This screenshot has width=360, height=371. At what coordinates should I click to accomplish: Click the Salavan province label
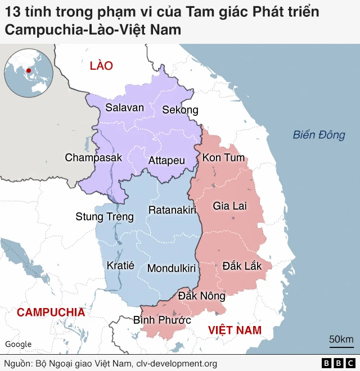(125, 107)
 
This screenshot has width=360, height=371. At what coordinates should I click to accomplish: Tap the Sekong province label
(180, 110)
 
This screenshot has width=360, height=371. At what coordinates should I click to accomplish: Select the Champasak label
(93, 157)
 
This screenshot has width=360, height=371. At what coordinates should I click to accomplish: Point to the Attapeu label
(166, 160)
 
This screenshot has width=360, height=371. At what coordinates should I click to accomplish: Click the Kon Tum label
(223, 157)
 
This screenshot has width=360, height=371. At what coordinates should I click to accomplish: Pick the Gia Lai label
(229, 206)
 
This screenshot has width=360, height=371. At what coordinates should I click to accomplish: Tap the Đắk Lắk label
(242, 265)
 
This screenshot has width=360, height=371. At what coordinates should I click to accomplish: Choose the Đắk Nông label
(201, 296)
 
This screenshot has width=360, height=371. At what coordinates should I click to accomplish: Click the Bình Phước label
(162, 320)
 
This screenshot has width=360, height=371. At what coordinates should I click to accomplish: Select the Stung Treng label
(105, 216)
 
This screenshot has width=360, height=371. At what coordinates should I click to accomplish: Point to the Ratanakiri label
(172, 210)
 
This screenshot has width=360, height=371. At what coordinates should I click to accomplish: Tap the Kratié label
(120, 265)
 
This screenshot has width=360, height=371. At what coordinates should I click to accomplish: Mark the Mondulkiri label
(172, 268)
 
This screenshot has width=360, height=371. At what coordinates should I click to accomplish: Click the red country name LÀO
(101, 66)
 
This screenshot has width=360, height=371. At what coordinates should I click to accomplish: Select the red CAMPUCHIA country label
(51, 313)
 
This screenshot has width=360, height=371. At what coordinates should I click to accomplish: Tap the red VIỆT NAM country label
(235, 330)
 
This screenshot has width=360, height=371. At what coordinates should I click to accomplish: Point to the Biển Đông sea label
(318, 135)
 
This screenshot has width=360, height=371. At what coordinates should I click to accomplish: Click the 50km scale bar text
(341, 339)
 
